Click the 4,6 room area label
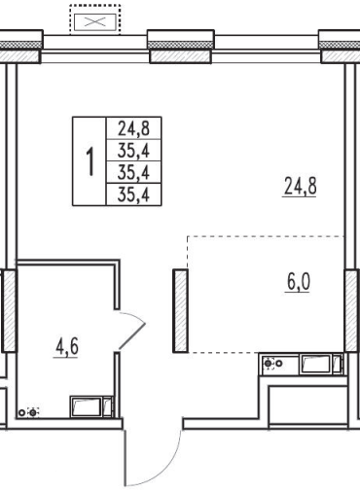(x=67, y=346)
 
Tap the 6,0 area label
(x=299, y=282)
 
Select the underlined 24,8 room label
(x=300, y=186)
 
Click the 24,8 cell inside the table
(x=133, y=128)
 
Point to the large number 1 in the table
(x=90, y=161)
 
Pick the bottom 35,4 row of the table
(x=133, y=194)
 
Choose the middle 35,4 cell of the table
(x=133, y=172)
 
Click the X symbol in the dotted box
(x=94, y=22)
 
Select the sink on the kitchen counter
(x=316, y=365)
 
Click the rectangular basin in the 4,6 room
(x=86, y=406)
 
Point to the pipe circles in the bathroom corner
(x=28, y=412)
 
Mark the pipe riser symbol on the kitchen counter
(x=271, y=364)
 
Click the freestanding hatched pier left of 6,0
(x=180, y=311)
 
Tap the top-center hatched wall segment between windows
(x=180, y=56)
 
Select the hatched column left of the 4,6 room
(x=9, y=310)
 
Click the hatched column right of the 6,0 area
(x=351, y=310)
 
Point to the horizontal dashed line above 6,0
(x=266, y=236)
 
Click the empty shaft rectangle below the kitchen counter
(x=308, y=405)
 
